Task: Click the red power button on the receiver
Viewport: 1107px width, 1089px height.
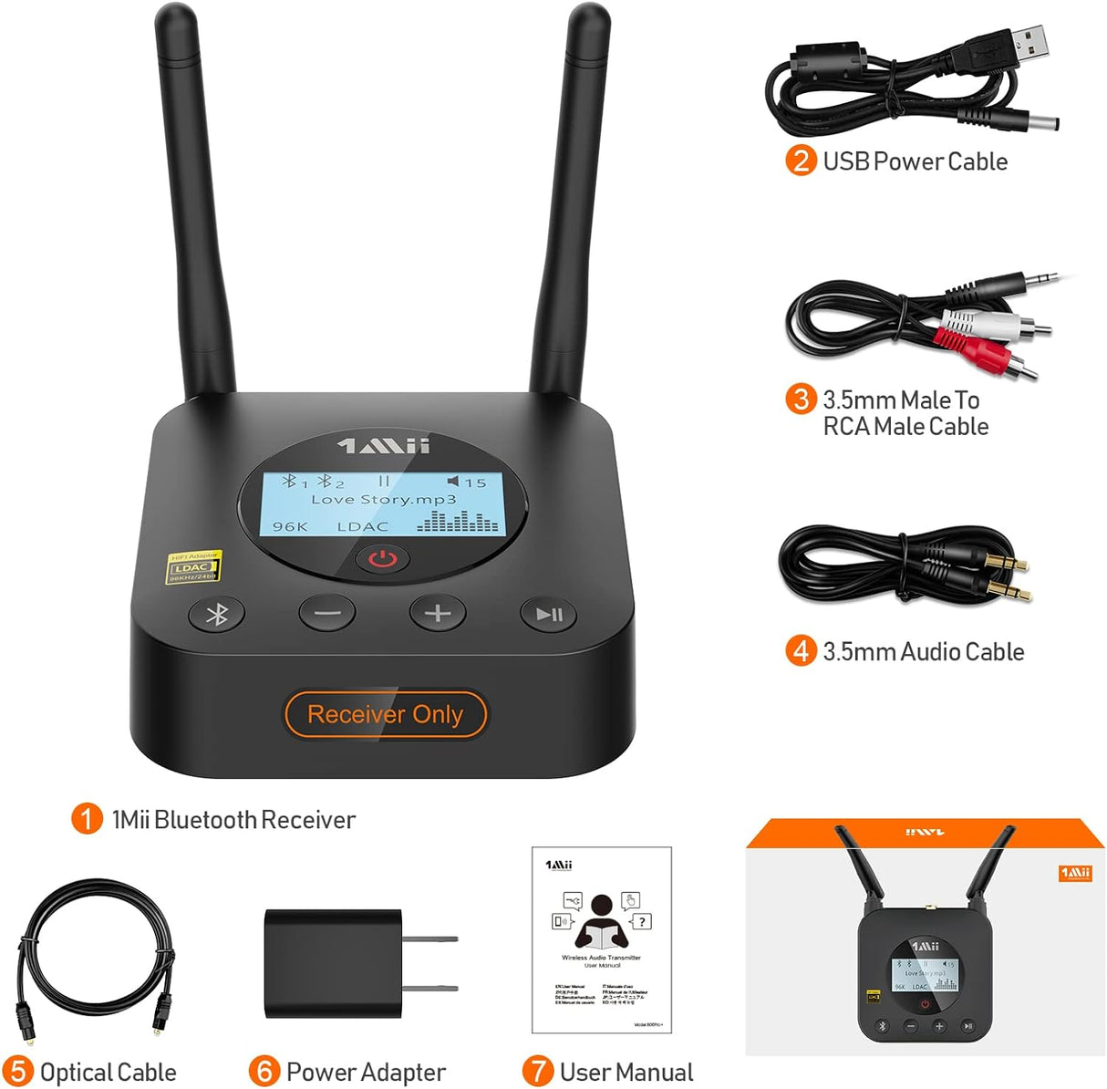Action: (382, 558)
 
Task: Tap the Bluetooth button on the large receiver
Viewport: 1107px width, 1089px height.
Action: (216, 615)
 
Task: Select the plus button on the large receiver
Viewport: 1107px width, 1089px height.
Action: (438, 613)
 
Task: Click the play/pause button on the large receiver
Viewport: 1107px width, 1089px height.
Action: (549, 614)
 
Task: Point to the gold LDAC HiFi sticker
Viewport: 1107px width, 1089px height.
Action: (194, 567)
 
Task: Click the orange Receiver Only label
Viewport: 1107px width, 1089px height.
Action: (385, 714)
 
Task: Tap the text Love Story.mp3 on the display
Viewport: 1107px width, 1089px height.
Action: (383, 500)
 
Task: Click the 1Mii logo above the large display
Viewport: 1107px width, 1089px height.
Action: (383, 445)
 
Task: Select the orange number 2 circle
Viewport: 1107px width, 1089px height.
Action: (800, 161)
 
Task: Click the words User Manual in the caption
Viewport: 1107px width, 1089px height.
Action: (626, 1072)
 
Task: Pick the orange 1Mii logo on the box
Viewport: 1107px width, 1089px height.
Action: (1075, 874)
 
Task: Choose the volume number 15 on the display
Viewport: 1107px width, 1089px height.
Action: (475, 482)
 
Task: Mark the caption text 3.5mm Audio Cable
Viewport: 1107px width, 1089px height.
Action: (923, 652)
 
